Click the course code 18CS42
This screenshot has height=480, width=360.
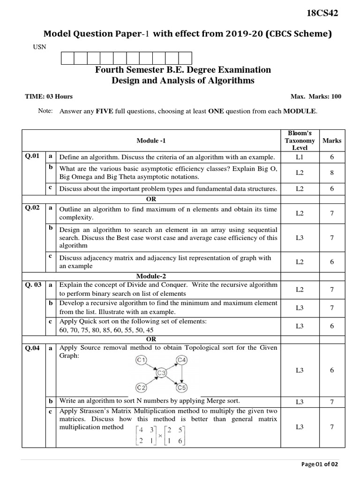(x=322, y=13)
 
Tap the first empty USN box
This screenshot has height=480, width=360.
(x=67, y=58)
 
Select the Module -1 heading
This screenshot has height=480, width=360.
(x=151, y=141)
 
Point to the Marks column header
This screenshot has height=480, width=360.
(x=332, y=141)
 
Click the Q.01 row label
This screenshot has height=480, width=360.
(x=33, y=156)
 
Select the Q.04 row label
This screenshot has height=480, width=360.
(x=33, y=348)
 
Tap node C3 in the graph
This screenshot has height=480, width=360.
(x=162, y=373)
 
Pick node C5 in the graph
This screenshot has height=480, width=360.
(x=181, y=388)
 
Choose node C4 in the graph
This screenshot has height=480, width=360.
(x=182, y=360)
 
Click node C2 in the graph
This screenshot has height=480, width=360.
(x=142, y=388)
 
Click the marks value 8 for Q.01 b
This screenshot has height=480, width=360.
(x=331, y=173)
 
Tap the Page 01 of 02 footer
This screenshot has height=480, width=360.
(x=319, y=464)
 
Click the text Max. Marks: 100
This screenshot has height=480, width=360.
(x=316, y=97)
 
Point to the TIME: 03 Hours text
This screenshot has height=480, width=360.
(x=49, y=97)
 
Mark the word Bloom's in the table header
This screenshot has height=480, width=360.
(x=300, y=133)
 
